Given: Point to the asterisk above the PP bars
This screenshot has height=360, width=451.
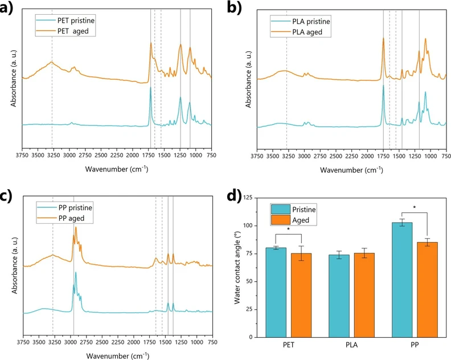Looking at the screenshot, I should [x=414, y=208].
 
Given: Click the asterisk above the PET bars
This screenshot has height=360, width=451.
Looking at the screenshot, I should [x=288, y=230].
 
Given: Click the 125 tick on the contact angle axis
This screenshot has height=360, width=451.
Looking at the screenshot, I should [x=249, y=198].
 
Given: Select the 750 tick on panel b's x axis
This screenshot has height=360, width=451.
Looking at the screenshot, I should [x=445, y=155].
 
